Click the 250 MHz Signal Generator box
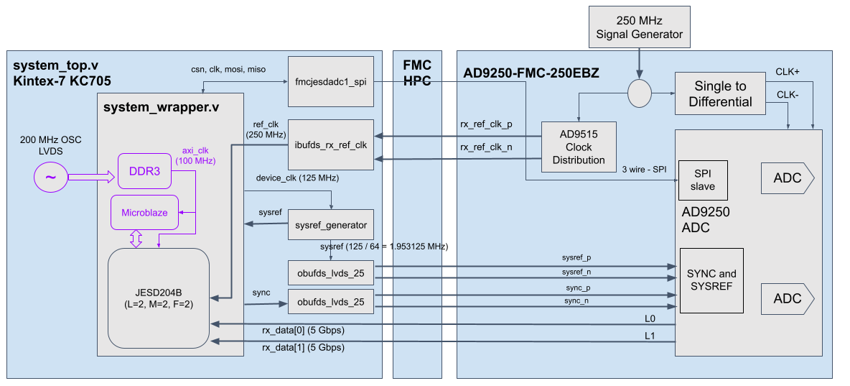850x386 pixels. pyautogui.click(x=639, y=27)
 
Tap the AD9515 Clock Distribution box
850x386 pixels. pyautogui.click(x=579, y=147)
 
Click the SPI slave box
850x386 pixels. pyautogui.click(x=703, y=180)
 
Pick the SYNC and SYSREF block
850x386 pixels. pyautogui.click(x=711, y=280)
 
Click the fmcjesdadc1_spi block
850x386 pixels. pyautogui.click(x=330, y=82)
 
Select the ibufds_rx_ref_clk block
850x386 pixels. pyautogui.click(x=330, y=144)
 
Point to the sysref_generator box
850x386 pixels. pyautogui.click(x=330, y=225)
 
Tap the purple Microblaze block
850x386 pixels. pyautogui.click(x=144, y=212)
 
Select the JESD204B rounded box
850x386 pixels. pyautogui.click(x=158, y=298)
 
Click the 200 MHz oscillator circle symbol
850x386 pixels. pyautogui.click(x=52, y=176)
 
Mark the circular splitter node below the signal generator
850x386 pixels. pyautogui.click(x=639, y=93)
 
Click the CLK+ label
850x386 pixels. pyautogui.click(x=788, y=72)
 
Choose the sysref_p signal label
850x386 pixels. pyautogui.click(x=576, y=257)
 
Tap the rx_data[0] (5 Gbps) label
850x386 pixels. pyautogui.click(x=302, y=331)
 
